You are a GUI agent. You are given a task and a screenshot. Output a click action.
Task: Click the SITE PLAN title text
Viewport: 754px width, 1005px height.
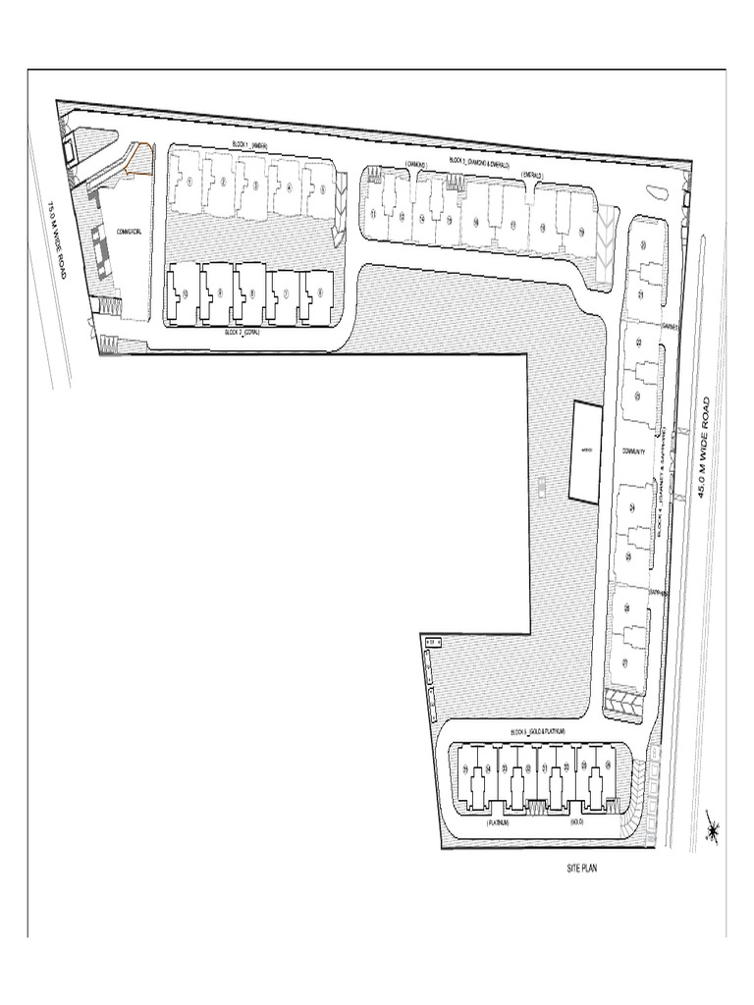[x=582, y=868]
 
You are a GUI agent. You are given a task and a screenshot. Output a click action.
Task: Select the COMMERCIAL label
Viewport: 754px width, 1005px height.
[x=131, y=232]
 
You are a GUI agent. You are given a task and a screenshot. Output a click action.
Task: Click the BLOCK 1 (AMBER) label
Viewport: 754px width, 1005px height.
[x=250, y=145]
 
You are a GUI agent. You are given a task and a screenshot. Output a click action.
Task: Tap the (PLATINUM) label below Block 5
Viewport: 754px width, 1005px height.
[x=498, y=821]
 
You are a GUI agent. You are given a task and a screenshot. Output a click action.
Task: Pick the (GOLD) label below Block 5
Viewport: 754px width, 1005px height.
[x=576, y=821]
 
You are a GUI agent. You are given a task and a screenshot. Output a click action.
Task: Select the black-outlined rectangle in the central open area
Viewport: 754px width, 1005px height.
[x=585, y=451]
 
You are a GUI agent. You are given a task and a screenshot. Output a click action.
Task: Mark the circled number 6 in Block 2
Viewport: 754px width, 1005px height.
[x=317, y=291]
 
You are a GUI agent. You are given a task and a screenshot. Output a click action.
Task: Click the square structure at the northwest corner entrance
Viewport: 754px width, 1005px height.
[x=68, y=149]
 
